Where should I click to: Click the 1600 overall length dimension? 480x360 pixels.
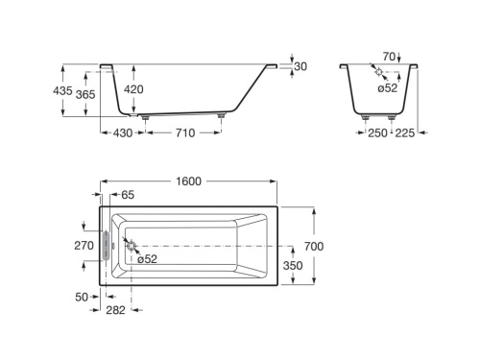coord(188,181)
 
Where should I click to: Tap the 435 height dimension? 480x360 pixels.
coord(62,90)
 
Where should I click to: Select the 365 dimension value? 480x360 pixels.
coord(85,94)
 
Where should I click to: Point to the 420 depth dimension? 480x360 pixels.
coord(133,89)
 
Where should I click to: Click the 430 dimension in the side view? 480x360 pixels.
coord(123,132)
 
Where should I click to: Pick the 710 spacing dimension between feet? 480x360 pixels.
coord(185,132)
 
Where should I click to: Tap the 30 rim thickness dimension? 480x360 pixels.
coord(300,66)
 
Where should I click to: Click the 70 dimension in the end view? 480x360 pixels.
coord(389,57)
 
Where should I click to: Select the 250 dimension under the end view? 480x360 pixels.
coord(377,132)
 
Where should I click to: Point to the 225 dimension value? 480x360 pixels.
coord(405,132)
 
